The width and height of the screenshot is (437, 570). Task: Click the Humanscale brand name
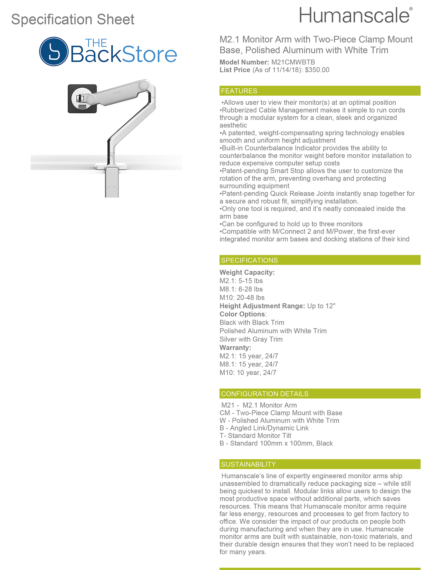(x=354, y=16)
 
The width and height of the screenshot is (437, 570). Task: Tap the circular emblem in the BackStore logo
(x=54, y=51)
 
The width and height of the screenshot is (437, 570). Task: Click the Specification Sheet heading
(x=73, y=20)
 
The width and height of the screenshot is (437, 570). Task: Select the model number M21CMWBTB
(x=293, y=62)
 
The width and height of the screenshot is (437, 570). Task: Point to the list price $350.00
(x=317, y=70)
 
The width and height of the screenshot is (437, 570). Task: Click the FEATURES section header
(x=239, y=91)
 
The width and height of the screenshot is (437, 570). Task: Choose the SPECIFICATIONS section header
(x=249, y=260)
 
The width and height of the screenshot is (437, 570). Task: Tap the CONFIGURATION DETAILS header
(x=264, y=394)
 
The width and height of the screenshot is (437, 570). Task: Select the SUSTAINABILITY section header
(x=248, y=464)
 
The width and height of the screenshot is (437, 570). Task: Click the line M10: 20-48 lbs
(x=242, y=298)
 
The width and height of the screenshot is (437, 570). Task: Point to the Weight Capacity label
(x=247, y=272)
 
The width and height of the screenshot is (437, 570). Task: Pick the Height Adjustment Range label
(x=262, y=306)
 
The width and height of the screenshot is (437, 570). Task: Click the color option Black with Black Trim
(x=252, y=323)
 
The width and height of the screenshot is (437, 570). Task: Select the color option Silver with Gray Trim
(x=251, y=339)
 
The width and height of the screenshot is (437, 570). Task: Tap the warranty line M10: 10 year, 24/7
(x=248, y=373)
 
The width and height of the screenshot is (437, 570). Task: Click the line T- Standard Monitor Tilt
(x=255, y=436)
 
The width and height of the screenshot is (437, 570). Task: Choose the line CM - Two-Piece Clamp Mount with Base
(x=281, y=413)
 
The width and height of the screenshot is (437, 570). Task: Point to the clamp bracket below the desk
(x=112, y=183)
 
